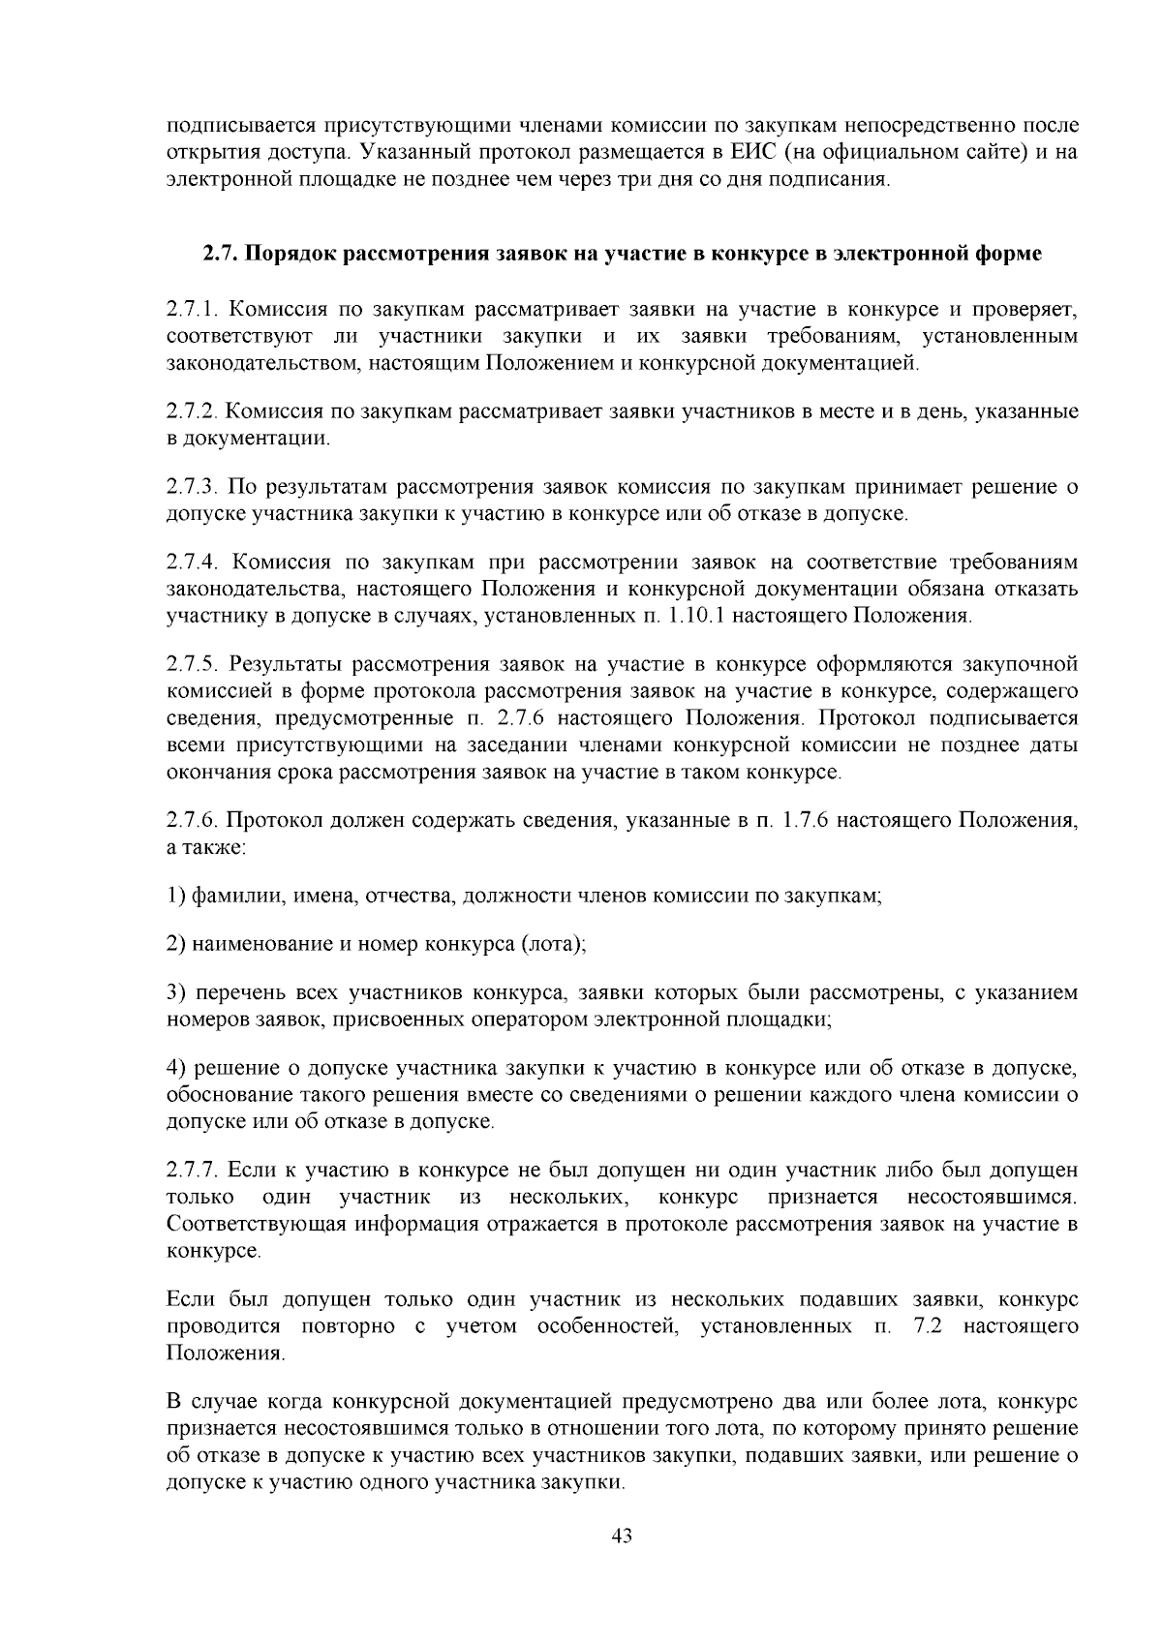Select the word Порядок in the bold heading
290,254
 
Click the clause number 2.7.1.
195,309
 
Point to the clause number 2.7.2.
195,411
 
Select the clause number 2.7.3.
195,486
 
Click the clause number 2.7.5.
195,665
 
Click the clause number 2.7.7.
195,1171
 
